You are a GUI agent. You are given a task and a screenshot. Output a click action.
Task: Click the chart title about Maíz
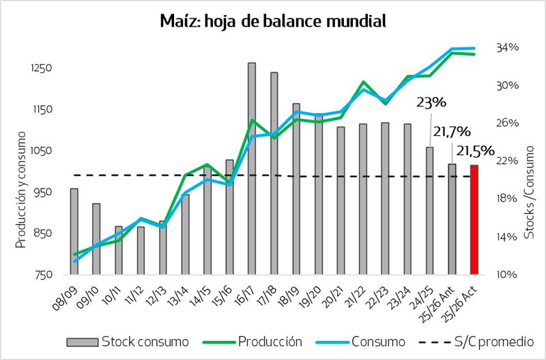(272, 21)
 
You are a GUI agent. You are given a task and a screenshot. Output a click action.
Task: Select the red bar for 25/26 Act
(474, 220)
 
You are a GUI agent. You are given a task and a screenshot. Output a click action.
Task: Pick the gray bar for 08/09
(74, 232)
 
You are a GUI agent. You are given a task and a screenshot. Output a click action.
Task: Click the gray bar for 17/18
(274, 174)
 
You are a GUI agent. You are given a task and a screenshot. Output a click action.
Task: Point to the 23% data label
(432, 103)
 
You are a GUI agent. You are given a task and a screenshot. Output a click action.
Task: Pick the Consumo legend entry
(366, 340)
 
